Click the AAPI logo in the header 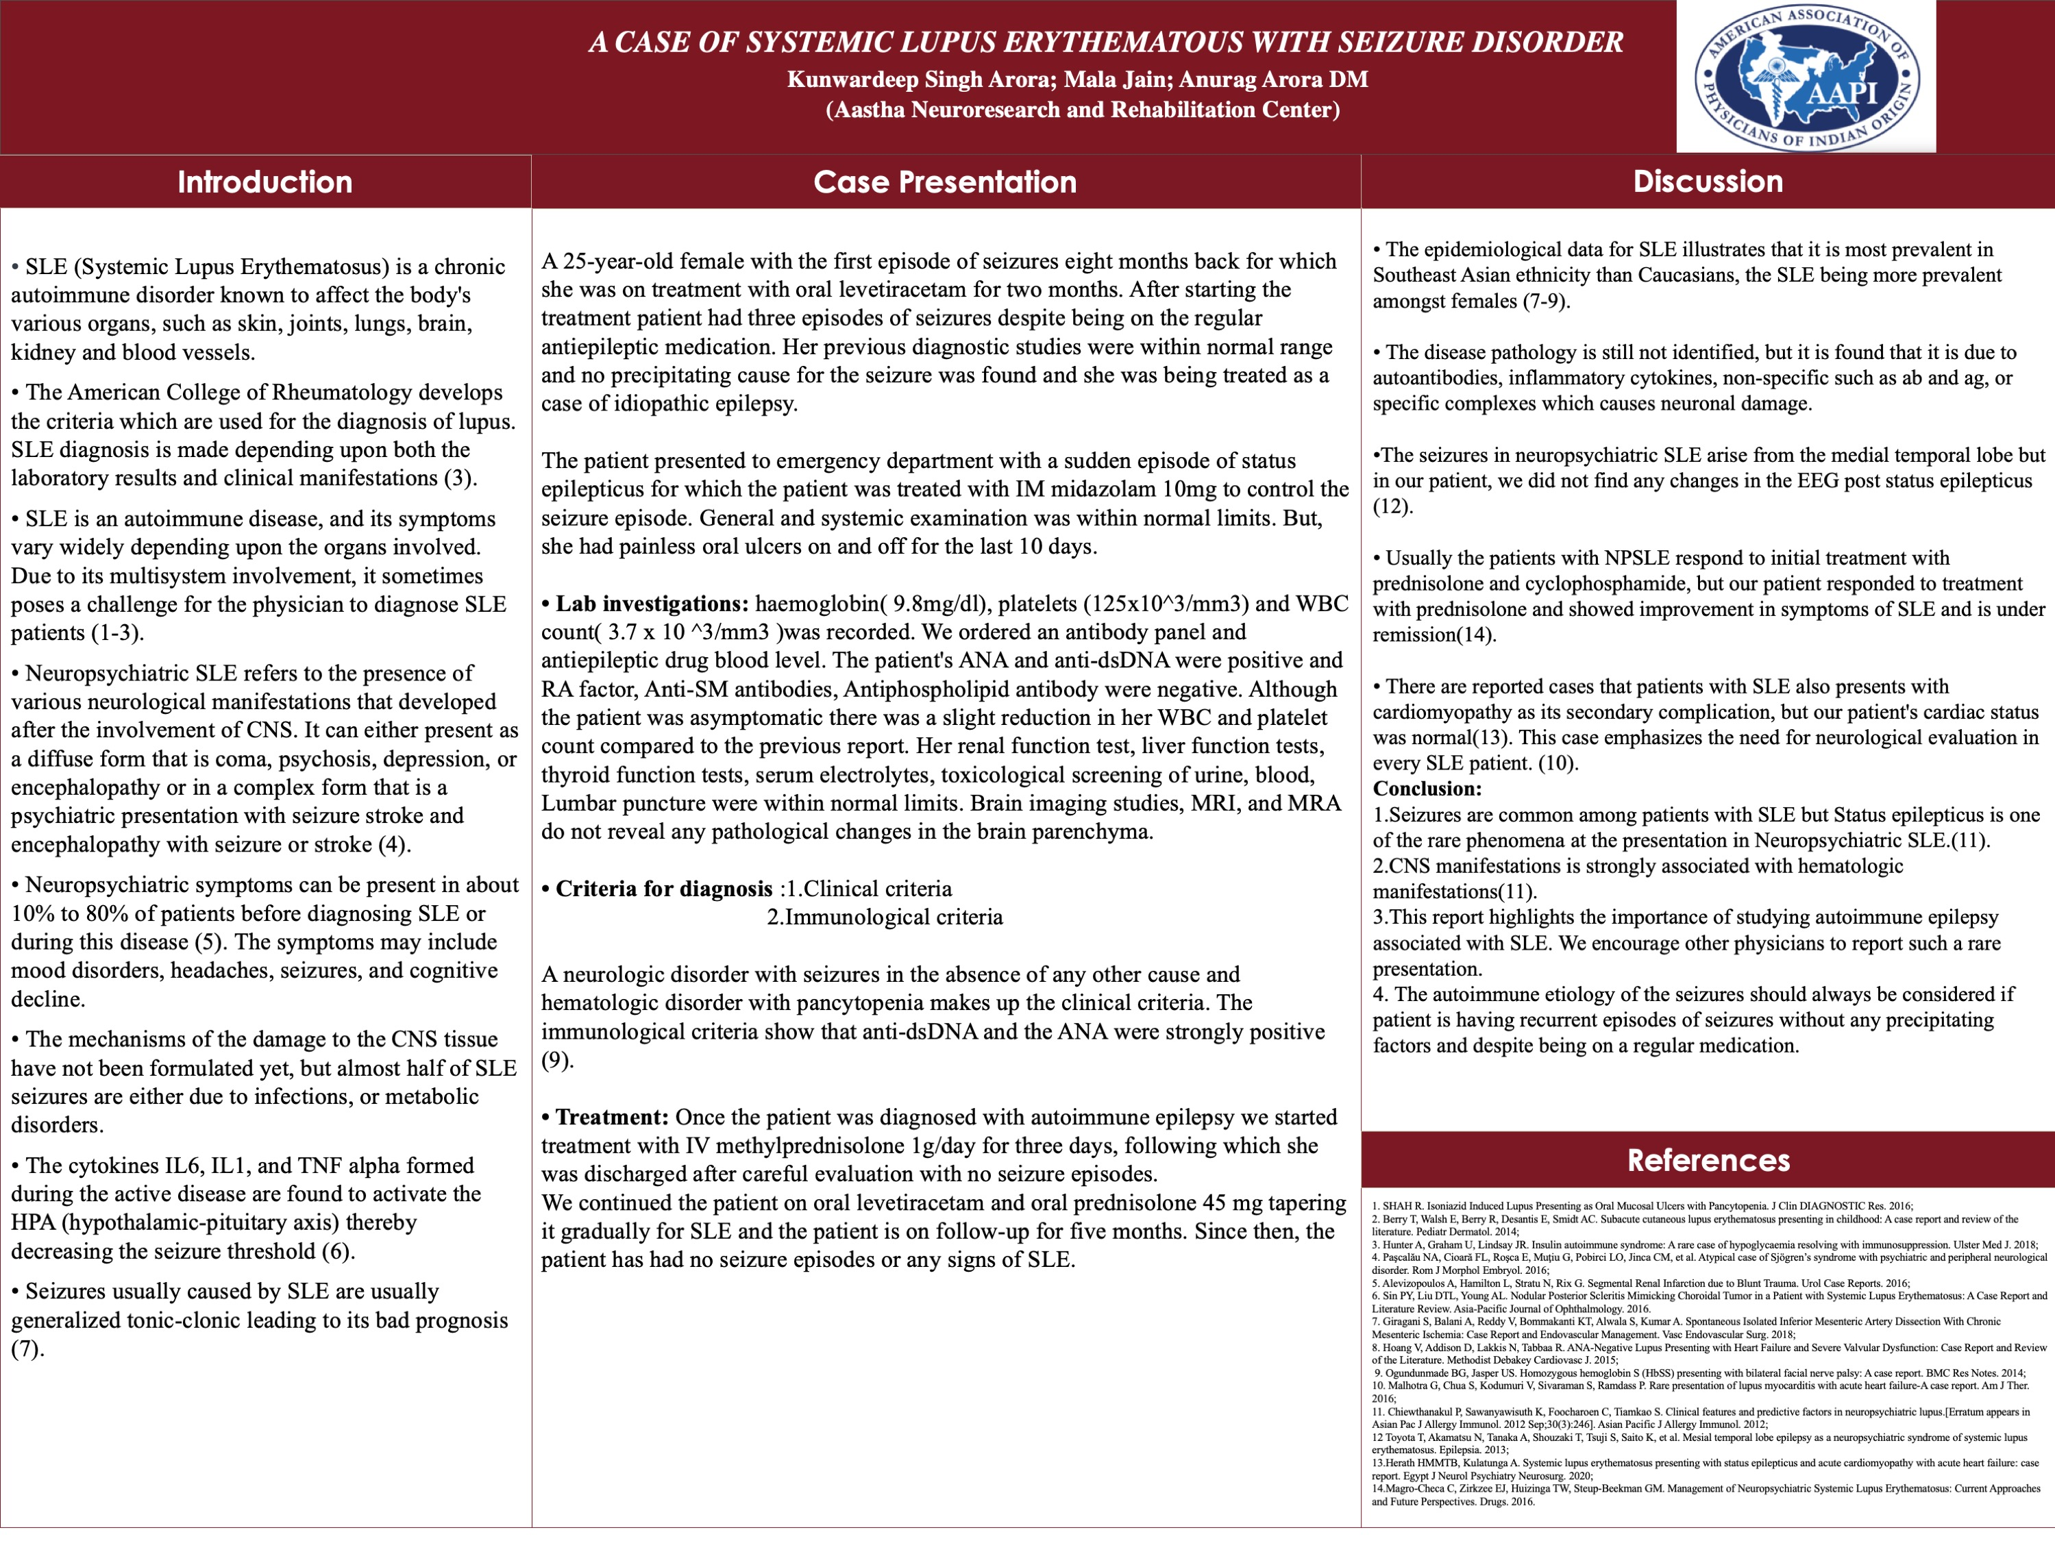(1806, 76)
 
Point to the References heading (1708, 1160)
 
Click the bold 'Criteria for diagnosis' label (663, 889)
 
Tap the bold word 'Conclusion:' (1427, 789)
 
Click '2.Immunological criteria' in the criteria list (885, 917)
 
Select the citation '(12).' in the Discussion (1392, 506)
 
